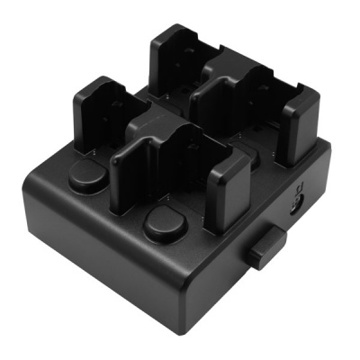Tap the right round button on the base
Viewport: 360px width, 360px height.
pyautogui.click(x=163, y=225)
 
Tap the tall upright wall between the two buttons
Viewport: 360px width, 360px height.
pyautogui.click(x=140, y=170)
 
